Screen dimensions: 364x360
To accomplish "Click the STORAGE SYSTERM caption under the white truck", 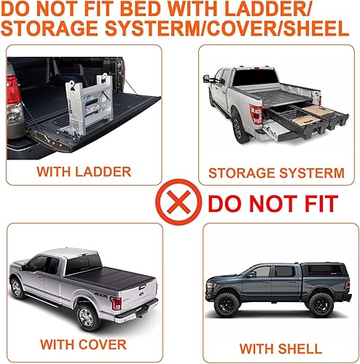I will (275, 173).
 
